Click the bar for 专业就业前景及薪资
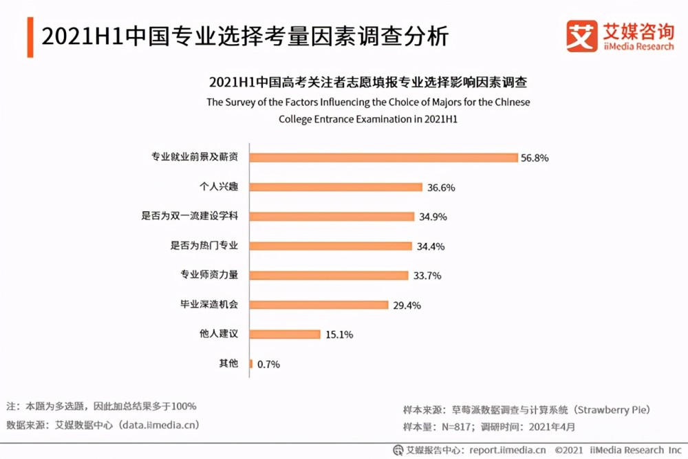[383, 158]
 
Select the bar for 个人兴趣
[336, 187]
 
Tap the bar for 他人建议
[285, 334]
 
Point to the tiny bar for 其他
[251, 364]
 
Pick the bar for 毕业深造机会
[319, 305]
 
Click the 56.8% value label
[535, 158]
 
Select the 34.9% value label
[433, 217]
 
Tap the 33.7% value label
[427, 275]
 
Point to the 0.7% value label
[268, 364]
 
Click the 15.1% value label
[339, 335]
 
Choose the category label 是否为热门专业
[204, 245]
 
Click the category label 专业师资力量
[209, 275]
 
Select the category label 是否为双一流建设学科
[190, 216]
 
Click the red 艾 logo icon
[582, 36]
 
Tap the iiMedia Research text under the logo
[638, 47]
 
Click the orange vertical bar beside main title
[30, 37]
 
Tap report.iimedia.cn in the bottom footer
[508, 450]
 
